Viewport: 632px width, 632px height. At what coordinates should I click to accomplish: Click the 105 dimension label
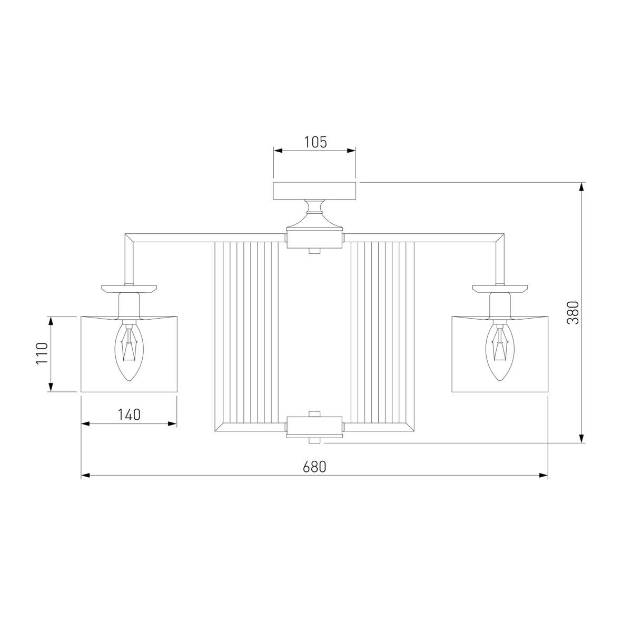pyautogui.click(x=315, y=142)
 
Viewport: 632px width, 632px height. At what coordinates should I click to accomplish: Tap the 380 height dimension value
pyautogui.click(x=574, y=312)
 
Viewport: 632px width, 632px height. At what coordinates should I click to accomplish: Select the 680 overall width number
pyautogui.click(x=314, y=467)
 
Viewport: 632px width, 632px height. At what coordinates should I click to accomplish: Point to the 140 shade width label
pyautogui.click(x=129, y=414)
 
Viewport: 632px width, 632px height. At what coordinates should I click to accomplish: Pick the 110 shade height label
pyautogui.click(x=42, y=353)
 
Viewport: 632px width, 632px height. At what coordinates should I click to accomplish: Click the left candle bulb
pyautogui.click(x=129, y=352)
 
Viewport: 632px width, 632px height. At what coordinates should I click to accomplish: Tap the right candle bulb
pyautogui.click(x=500, y=352)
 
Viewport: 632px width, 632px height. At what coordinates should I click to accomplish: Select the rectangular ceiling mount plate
pyautogui.click(x=314, y=191)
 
